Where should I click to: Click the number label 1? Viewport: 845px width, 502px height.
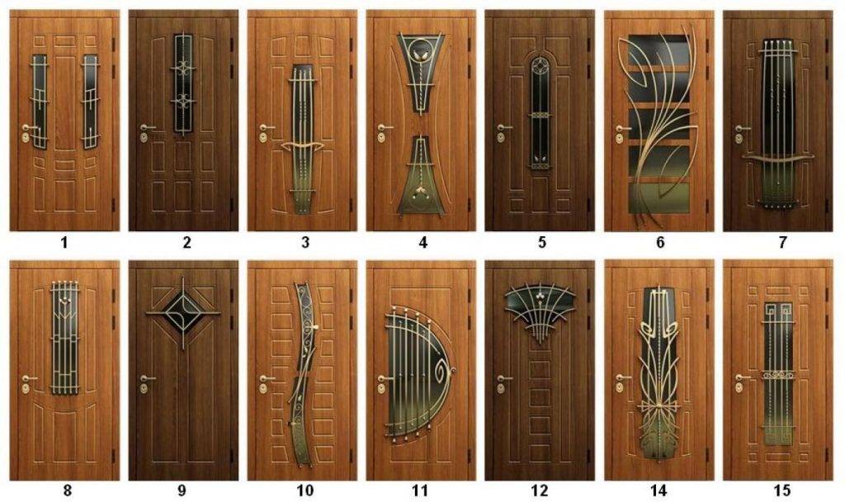pos(64,243)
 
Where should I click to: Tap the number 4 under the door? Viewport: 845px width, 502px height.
pos(422,243)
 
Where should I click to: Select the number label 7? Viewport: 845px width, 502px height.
pos(782,243)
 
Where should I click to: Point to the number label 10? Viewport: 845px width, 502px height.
pos(304,490)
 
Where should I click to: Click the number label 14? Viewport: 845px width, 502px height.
pos(659,490)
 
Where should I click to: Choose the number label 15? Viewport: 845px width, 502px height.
pos(782,490)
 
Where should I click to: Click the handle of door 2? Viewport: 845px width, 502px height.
pos(147,128)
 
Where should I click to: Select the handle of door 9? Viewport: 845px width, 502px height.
pos(147,378)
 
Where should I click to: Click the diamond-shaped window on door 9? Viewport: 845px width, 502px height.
pos(182,313)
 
